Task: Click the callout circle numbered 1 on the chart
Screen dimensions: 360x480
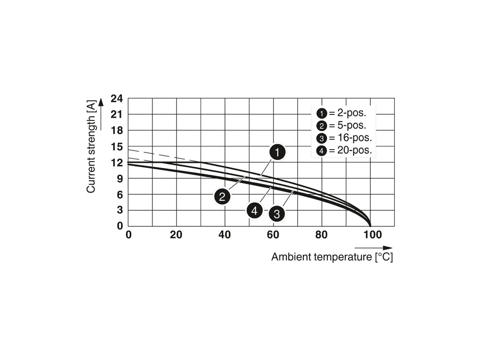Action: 278,152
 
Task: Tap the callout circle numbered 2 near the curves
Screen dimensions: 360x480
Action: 222,196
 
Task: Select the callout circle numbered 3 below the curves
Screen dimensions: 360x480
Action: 277,214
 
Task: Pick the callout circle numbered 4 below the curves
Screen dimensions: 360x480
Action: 255,210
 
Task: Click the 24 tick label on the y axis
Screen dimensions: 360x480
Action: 116,99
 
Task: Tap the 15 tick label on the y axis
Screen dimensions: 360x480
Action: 116,147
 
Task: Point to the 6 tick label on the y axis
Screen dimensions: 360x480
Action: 120,194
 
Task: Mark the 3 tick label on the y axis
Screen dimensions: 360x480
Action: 120,210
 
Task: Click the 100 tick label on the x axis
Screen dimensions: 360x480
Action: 373,235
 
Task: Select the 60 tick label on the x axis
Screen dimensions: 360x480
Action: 273,235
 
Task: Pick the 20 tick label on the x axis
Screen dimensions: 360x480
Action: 176,235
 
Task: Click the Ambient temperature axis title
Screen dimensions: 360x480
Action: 332,257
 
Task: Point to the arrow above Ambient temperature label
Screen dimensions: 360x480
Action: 373,248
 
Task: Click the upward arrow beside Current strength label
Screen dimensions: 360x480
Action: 101,114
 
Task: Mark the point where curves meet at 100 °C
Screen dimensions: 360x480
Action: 370,225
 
